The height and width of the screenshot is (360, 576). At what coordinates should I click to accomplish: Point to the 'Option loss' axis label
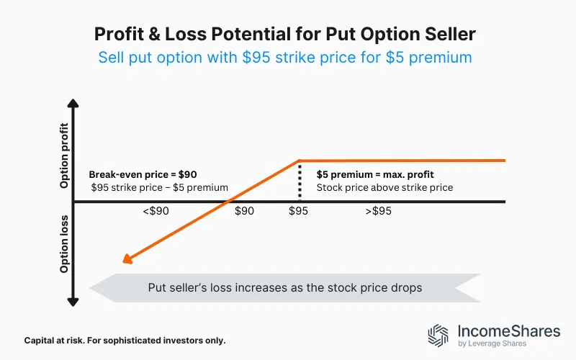pos(65,244)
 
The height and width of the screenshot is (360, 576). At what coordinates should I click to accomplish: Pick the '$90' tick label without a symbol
pos(245,212)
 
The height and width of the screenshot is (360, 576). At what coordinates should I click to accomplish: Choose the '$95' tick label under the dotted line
pos(299,212)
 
